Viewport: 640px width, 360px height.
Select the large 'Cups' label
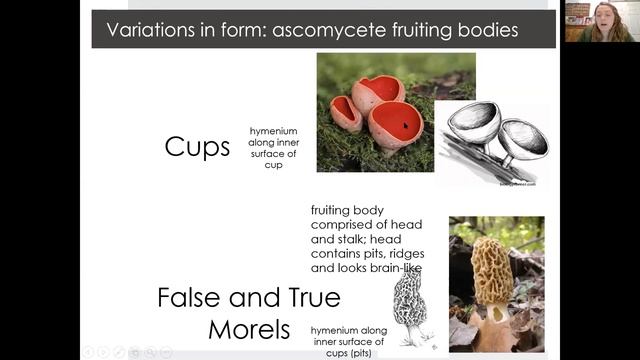(197, 147)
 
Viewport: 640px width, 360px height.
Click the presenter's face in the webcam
(604, 17)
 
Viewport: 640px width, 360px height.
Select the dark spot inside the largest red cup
(406, 126)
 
